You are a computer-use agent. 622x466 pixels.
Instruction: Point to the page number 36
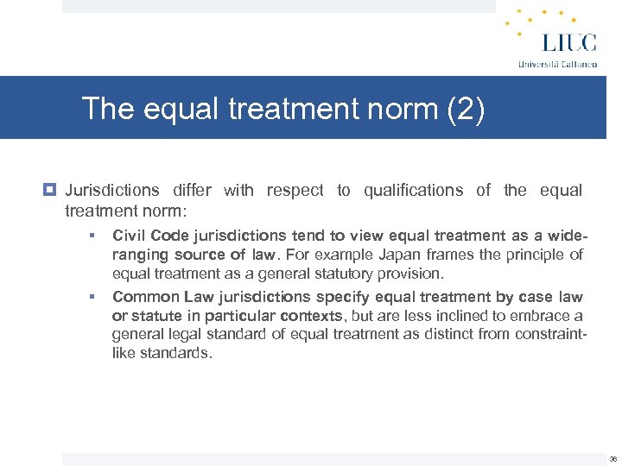pyautogui.click(x=612, y=459)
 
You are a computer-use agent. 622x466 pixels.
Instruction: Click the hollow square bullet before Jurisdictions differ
pyautogui.click(x=53, y=191)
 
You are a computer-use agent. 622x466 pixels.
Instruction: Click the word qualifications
pyautogui.click(x=413, y=191)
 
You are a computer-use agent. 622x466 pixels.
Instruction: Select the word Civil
pyautogui.click(x=127, y=236)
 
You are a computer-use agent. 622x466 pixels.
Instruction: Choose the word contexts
pyautogui.click(x=314, y=316)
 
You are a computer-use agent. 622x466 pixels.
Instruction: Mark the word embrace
pyautogui.click(x=543, y=316)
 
